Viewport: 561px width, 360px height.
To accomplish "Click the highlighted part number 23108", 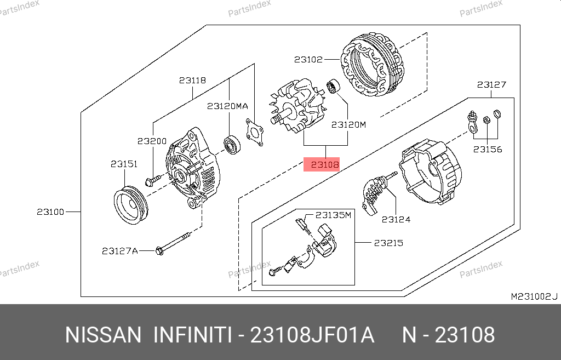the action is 325,164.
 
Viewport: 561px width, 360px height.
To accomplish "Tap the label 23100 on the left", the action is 50,212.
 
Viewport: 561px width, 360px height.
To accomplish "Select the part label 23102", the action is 308,59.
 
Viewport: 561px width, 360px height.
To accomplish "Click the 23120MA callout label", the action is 227,106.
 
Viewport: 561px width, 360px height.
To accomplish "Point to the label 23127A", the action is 120,251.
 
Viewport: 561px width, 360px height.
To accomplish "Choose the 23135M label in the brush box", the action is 333,215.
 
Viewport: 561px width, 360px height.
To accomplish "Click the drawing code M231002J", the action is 534,296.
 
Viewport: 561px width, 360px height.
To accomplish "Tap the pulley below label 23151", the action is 131,205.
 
